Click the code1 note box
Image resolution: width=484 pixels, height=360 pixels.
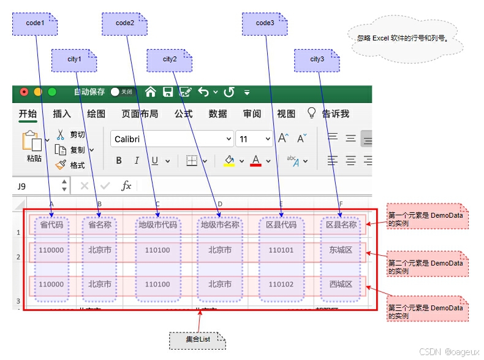coord(35,23)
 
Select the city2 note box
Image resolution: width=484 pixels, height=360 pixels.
coord(169,59)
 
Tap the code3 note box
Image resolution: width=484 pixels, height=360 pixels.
coord(265,23)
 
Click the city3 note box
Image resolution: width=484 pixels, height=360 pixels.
coord(317,59)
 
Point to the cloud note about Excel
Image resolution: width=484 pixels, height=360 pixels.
coord(402,37)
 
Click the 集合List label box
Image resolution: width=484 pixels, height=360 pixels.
coord(197,339)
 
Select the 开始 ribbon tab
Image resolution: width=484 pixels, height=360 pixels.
coord(28,113)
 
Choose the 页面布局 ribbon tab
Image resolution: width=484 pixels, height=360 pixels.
coord(140,113)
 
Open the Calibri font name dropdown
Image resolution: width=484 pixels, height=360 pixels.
coord(172,139)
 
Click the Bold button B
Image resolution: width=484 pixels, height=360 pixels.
coord(119,161)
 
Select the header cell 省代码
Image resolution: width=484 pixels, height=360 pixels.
coord(51,225)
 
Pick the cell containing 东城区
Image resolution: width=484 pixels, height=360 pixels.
coord(341,250)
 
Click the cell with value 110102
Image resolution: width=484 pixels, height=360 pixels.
coord(281,285)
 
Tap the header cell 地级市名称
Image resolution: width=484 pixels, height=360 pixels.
coord(220,225)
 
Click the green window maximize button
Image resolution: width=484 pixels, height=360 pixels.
coord(52,92)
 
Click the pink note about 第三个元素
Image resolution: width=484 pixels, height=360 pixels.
coord(426,312)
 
